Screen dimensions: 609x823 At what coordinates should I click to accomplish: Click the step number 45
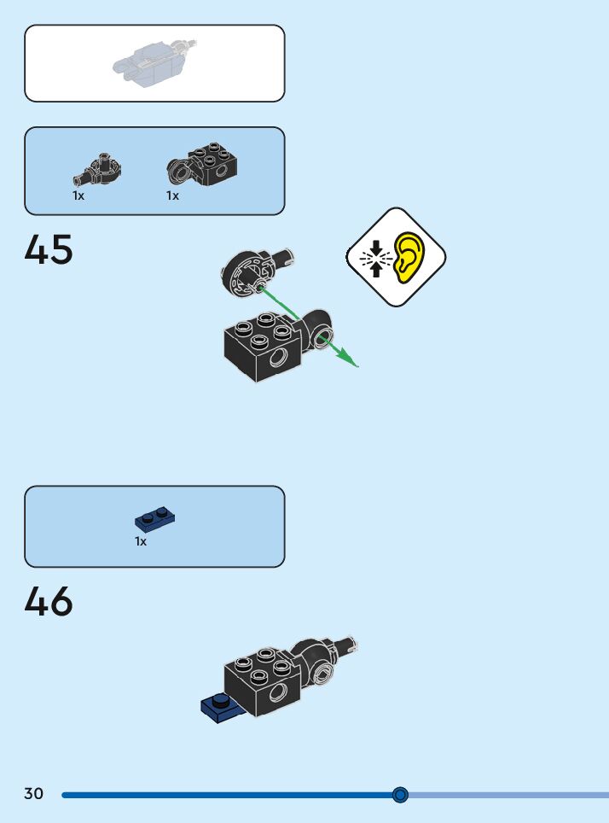tap(49, 250)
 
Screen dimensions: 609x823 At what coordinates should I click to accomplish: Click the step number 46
tap(49, 602)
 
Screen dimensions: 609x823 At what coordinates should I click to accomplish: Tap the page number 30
tap(33, 794)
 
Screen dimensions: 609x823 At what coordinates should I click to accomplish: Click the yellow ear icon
tap(411, 256)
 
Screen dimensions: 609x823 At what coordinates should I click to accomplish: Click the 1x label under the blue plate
tap(141, 541)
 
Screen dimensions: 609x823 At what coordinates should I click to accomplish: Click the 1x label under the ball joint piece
tap(78, 196)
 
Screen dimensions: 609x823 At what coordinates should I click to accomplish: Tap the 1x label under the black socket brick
tap(172, 196)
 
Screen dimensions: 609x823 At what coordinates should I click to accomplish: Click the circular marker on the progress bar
tap(401, 795)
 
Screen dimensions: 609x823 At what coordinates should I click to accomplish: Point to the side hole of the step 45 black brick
tap(279, 360)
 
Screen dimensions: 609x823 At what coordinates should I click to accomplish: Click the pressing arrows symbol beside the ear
tap(373, 257)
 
